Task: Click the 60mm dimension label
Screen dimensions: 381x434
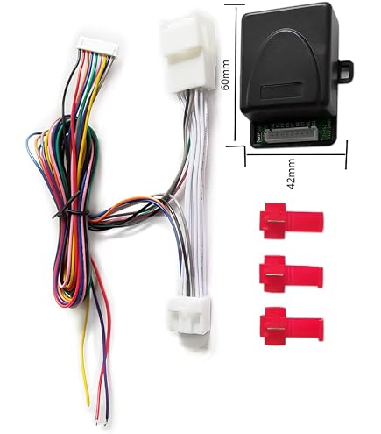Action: pyautogui.click(x=225, y=75)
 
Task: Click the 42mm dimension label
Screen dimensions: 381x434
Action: pyautogui.click(x=291, y=174)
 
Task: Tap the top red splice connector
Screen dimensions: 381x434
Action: pyautogui.click(x=292, y=221)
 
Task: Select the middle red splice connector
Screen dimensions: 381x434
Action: pyautogui.click(x=291, y=274)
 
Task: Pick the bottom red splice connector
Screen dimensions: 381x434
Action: pyautogui.click(x=292, y=326)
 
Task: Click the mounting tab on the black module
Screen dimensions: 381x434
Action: pyautogui.click(x=347, y=68)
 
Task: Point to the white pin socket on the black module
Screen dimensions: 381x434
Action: pyautogui.click(x=292, y=135)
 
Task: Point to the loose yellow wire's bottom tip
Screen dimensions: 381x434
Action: pyautogui.click(x=89, y=404)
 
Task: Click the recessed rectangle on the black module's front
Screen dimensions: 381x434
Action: pyautogui.click(x=281, y=90)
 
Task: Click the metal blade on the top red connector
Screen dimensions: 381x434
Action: pyautogui.click(x=276, y=222)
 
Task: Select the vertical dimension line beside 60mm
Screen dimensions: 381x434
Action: pyautogui.click(x=236, y=75)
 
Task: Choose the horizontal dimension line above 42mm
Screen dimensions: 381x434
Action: pyautogui.click(x=296, y=154)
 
